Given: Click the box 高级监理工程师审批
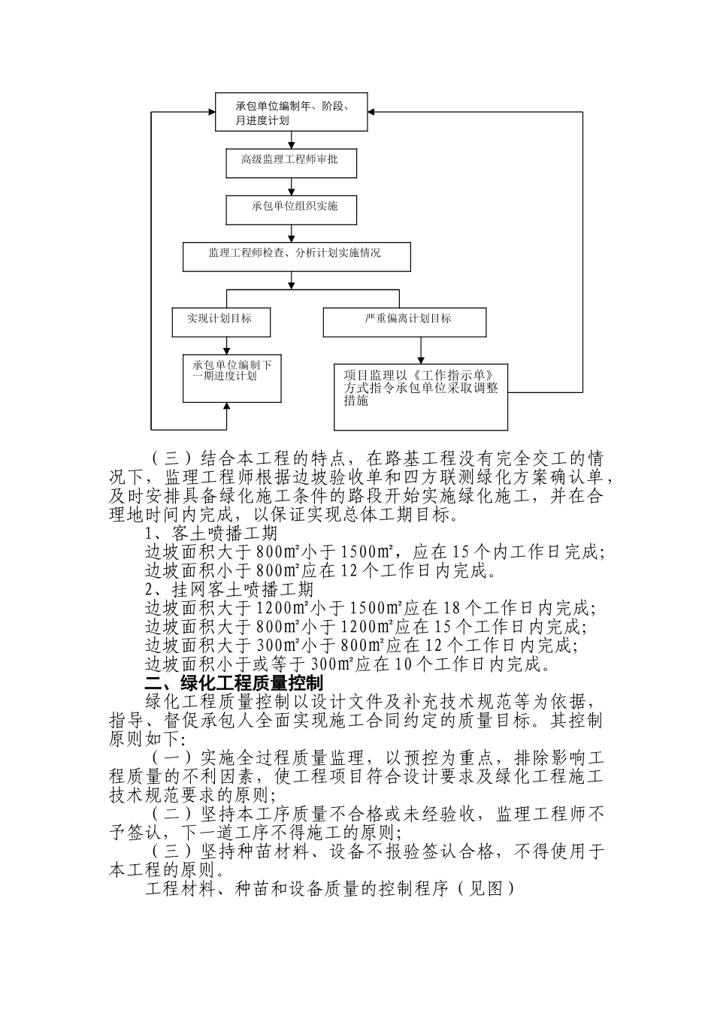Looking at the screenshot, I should (292, 162).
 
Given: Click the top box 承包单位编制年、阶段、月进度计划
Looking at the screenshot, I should (292, 113).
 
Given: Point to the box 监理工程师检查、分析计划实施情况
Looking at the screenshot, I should (296, 256).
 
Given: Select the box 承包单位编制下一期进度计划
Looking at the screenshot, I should (231, 379).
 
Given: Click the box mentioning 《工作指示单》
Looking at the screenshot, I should (421, 395).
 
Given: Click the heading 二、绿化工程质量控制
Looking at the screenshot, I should (234, 682).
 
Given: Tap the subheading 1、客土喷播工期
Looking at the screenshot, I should (211, 534).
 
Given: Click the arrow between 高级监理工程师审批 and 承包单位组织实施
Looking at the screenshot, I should (292, 187).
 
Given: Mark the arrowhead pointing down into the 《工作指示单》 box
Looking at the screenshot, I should (421, 360).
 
